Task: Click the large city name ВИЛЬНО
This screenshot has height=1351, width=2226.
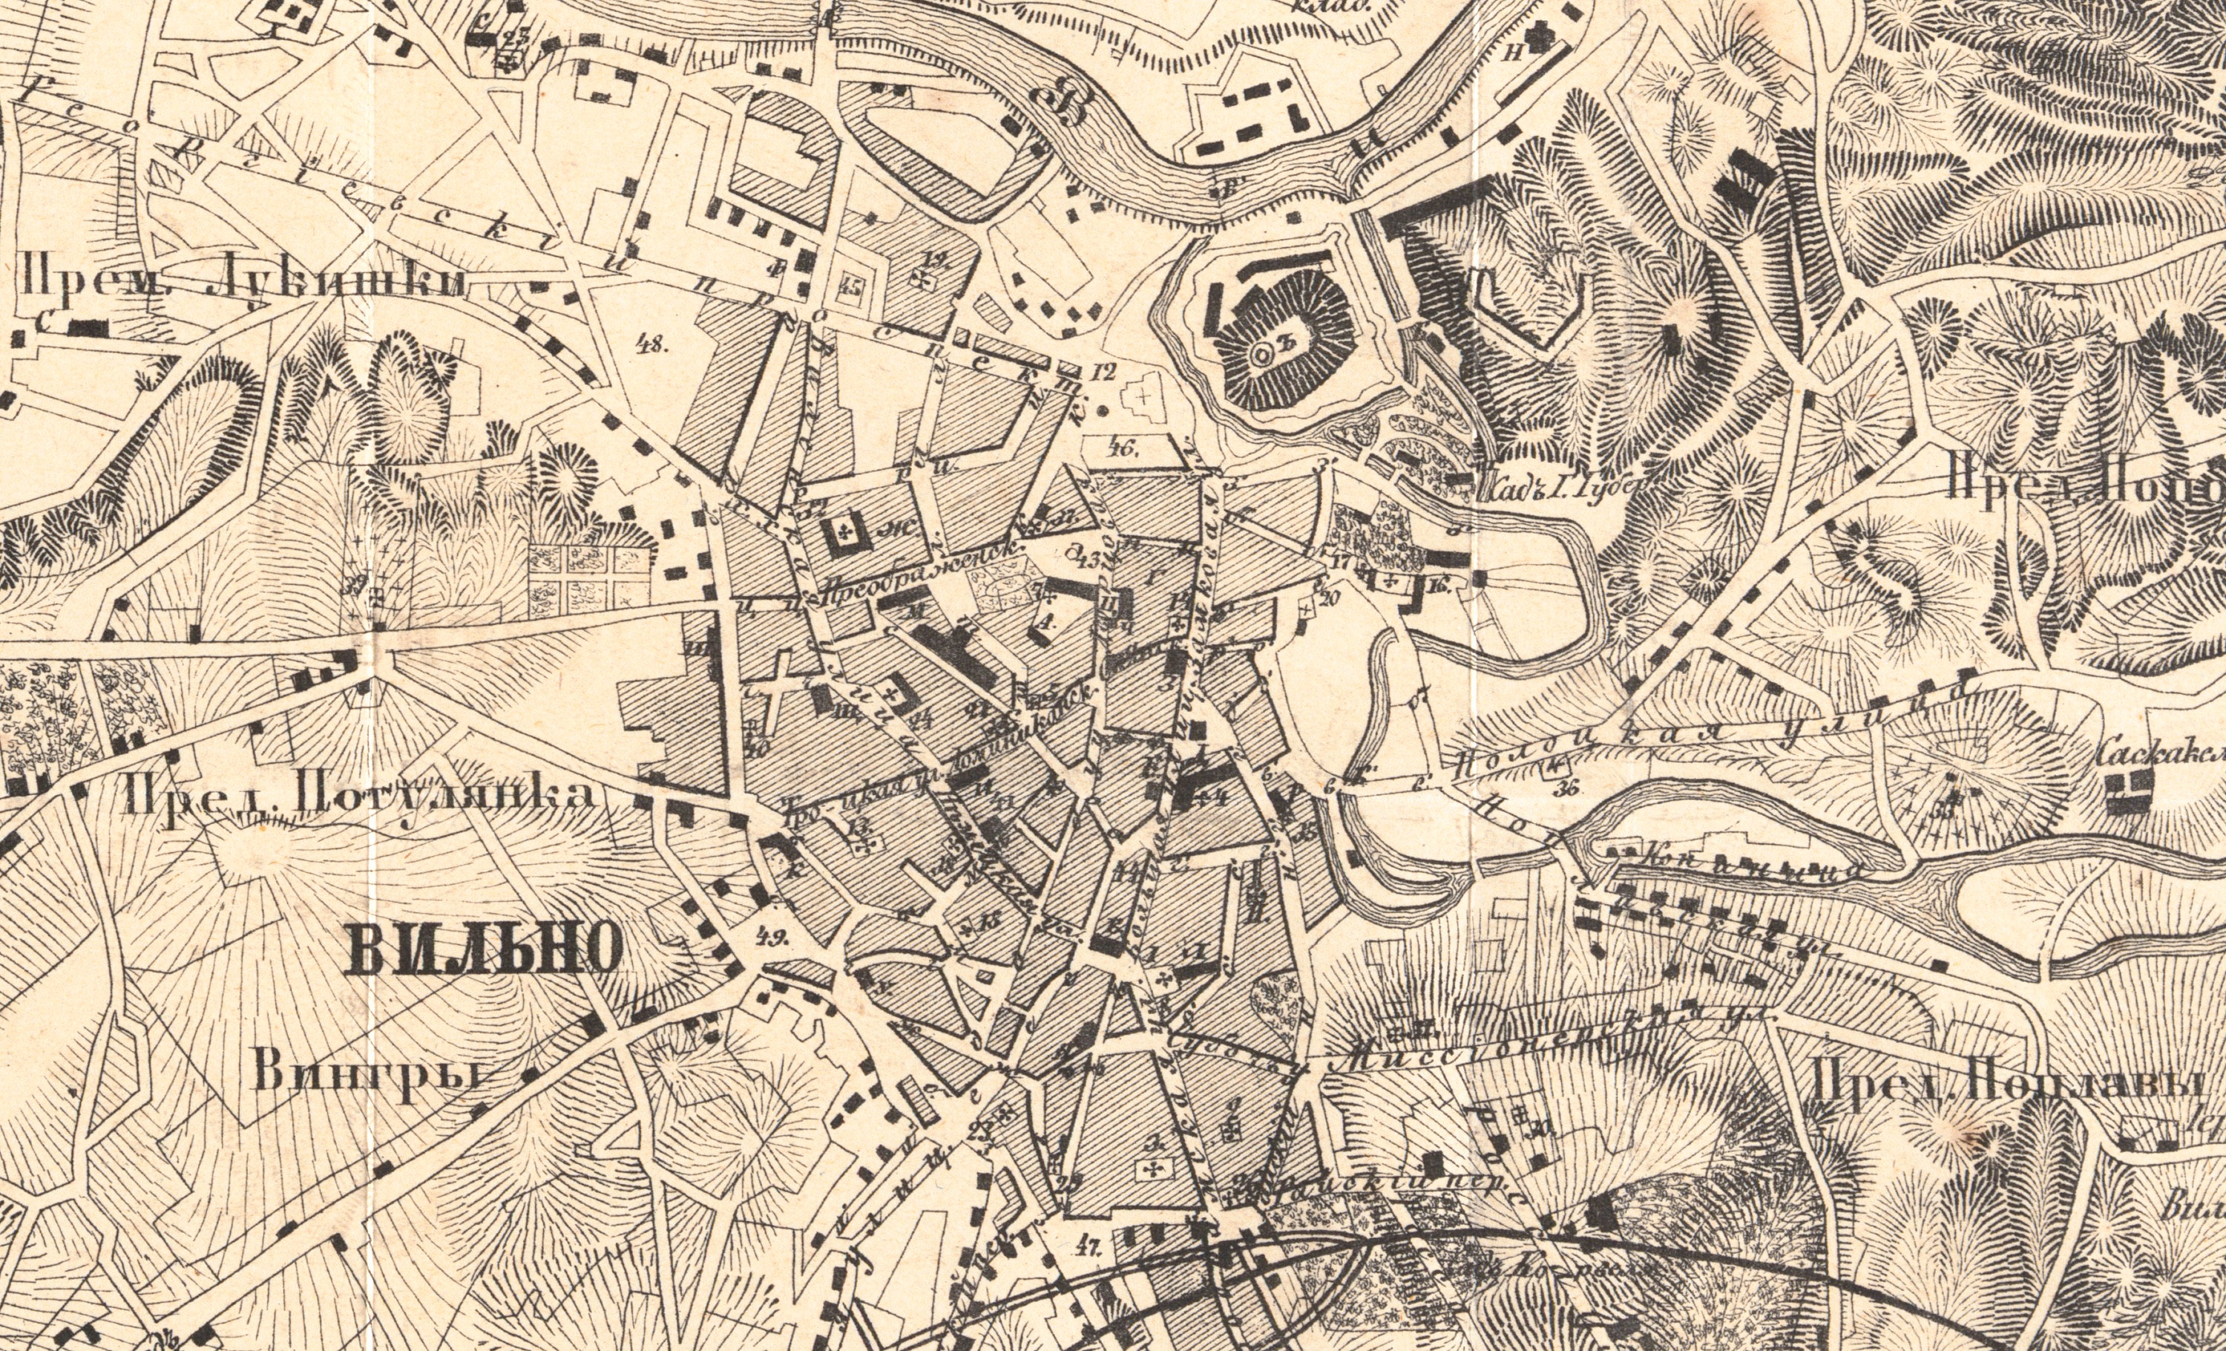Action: pyautogui.click(x=483, y=951)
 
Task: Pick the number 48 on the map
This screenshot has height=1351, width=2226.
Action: pyautogui.click(x=651, y=344)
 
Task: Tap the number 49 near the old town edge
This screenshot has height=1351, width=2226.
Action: pyautogui.click(x=776, y=936)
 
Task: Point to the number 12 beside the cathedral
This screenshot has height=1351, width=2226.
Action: pyautogui.click(x=1103, y=371)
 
